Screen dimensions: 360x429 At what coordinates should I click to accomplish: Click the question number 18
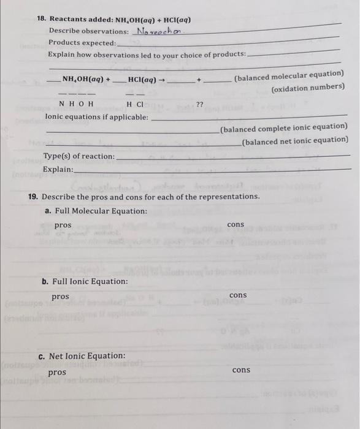coord(40,19)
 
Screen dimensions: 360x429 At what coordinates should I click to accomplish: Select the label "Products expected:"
coord(82,43)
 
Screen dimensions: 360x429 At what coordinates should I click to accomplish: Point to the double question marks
coord(199,104)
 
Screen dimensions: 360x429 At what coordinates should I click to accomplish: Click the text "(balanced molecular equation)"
coord(289,76)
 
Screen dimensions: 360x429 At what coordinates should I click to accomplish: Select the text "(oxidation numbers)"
coord(307,88)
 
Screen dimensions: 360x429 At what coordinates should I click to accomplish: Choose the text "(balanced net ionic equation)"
coord(294,140)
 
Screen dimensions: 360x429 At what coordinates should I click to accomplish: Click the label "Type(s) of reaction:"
coord(79,156)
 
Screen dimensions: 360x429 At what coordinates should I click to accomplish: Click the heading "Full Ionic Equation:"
coord(90,281)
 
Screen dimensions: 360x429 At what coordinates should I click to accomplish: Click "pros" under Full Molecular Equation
coord(63,226)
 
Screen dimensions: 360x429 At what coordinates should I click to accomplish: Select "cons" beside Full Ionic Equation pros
coord(238,295)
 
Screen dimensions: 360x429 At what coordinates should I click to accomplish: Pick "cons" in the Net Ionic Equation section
coord(241,370)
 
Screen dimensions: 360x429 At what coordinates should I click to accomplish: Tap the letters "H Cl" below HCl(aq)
coord(136,104)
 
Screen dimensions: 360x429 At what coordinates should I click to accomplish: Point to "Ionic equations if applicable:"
coord(97,116)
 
